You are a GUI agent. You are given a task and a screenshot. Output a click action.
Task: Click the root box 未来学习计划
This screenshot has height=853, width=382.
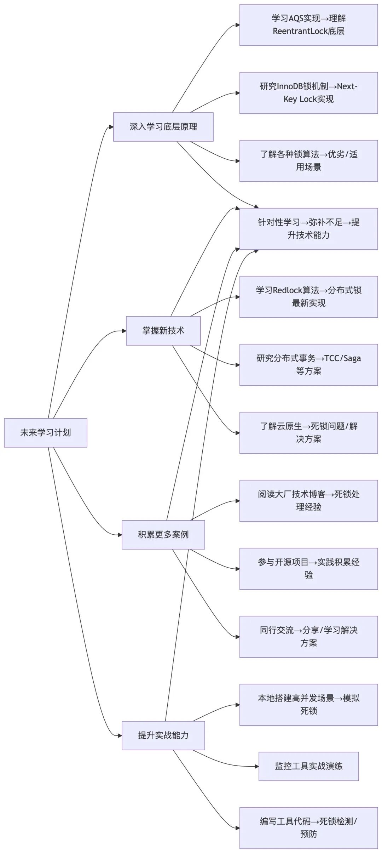click(x=45, y=432)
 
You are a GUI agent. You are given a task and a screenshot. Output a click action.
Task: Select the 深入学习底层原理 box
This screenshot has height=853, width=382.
click(x=163, y=127)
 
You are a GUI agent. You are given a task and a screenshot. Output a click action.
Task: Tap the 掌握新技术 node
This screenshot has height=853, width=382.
click(x=163, y=331)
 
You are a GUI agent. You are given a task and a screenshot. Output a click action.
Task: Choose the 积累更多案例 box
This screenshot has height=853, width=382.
click(x=163, y=534)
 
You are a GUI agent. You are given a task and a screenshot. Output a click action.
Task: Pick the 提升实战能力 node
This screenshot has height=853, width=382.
click(x=163, y=735)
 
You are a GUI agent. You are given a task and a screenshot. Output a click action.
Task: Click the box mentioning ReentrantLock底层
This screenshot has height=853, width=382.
click(x=308, y=25)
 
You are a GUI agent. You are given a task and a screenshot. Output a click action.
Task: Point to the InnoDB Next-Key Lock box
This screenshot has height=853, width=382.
click(x=308, y=93)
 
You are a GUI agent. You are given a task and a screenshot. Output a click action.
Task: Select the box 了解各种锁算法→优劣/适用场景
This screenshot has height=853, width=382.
click(x=308, y=161)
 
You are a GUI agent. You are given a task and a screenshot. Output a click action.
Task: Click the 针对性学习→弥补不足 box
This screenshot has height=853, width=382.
click(x=308, y=229)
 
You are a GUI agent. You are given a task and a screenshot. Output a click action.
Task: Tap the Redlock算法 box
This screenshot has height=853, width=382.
click(x=308, y=297)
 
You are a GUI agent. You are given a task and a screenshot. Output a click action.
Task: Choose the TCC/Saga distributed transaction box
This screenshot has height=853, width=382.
click(x=308, y=365)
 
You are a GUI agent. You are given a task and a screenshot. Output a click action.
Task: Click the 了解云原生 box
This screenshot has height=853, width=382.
click(x=308, y=433)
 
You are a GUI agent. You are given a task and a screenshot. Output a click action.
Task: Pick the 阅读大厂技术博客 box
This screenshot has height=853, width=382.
click(x=308, y=501)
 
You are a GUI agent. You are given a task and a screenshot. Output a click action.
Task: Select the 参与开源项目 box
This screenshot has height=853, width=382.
click(x=308, y=569)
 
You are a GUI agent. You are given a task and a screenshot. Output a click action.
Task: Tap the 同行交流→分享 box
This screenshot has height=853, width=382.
click(x=308, y=637)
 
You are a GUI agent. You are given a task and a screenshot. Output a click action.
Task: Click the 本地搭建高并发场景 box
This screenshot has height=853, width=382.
click(x=308, y=705)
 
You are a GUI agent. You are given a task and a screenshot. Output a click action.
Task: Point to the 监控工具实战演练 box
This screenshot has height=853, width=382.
click(x=308, y=766)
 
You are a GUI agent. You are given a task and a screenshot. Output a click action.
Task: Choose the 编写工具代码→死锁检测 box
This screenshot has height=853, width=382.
click(x=308, y=828)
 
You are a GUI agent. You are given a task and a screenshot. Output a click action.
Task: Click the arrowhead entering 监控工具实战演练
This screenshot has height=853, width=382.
click(x=256, y=766)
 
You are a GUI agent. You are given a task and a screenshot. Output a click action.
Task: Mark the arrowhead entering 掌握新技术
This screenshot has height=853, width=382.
click(x=124, y=331)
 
